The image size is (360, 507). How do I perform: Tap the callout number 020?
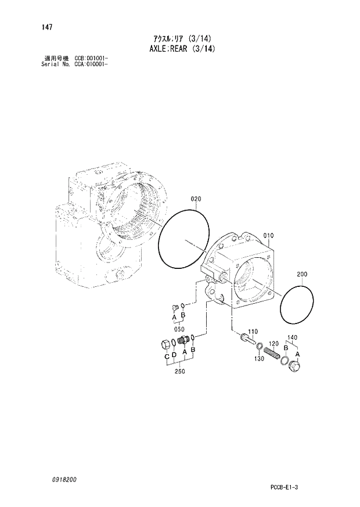(196, 199)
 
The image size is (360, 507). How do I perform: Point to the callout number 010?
(268, 236)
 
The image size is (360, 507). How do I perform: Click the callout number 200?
(303, 274)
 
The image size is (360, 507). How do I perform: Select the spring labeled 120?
(272, 351)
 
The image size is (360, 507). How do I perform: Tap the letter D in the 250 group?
(175, 355)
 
